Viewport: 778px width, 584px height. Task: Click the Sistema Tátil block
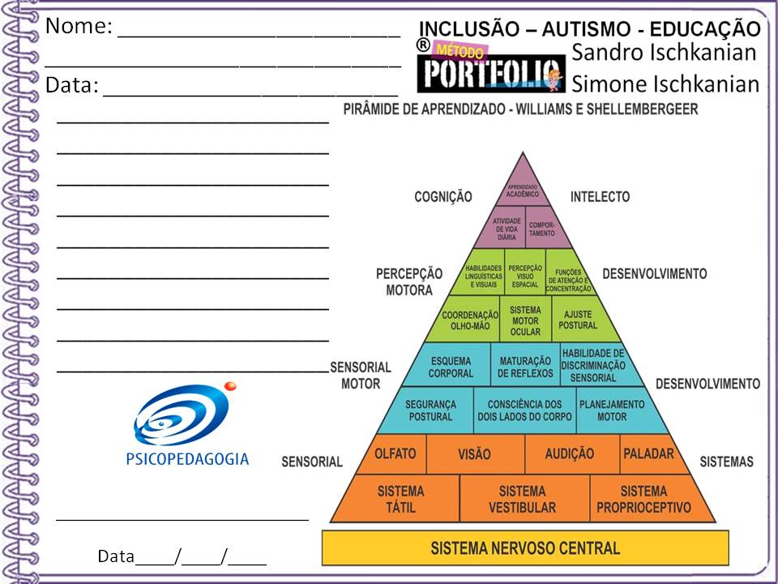click(400, 499)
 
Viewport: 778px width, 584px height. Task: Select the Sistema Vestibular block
click(522, 499)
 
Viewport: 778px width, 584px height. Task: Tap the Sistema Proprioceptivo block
click(643, 499)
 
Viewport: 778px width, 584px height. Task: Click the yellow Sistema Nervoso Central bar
click(525, 548)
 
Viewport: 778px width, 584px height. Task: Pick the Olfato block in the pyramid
click(395, 454)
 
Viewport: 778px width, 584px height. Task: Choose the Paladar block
click(648, 454)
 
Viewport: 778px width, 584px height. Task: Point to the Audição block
click(569, 454)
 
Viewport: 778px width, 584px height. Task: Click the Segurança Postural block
click(430, 410)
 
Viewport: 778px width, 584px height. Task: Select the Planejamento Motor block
click(612, 410)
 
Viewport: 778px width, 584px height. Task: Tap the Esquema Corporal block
click(451, 367)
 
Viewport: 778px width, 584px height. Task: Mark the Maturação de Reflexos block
click(525, 367)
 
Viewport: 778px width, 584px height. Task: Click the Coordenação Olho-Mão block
click(469, 320)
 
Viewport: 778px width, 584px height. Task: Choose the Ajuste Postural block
click(577, 320)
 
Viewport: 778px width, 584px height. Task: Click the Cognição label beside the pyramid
click(442, 196)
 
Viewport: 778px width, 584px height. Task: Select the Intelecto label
click(600, 196)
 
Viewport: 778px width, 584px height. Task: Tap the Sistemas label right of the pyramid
click(726, 462)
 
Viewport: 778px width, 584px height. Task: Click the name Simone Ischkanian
click(665, 84)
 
